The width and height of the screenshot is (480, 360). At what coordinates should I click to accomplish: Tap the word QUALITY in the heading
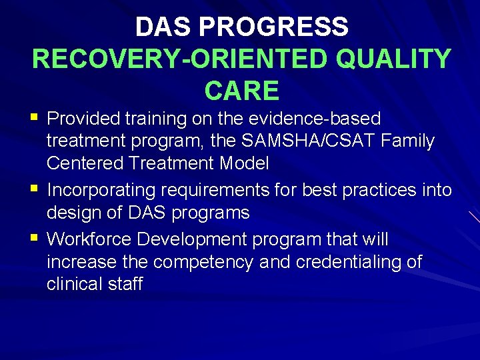tap(393, 59)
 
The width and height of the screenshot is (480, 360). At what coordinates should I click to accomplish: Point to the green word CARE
tap(241, 90)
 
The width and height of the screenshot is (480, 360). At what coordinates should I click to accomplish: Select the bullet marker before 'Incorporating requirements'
tap(35, 190)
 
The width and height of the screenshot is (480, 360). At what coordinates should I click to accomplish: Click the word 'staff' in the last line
tap(127, 284)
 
